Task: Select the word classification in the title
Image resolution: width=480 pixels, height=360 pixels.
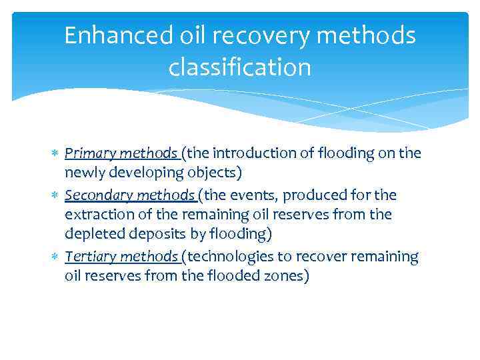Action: (240, 67)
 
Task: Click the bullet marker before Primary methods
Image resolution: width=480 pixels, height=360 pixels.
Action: (56, 154)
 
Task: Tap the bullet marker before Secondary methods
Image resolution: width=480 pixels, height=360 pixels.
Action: (56, 195)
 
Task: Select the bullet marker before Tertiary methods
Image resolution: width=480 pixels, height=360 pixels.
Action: (56, 257)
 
